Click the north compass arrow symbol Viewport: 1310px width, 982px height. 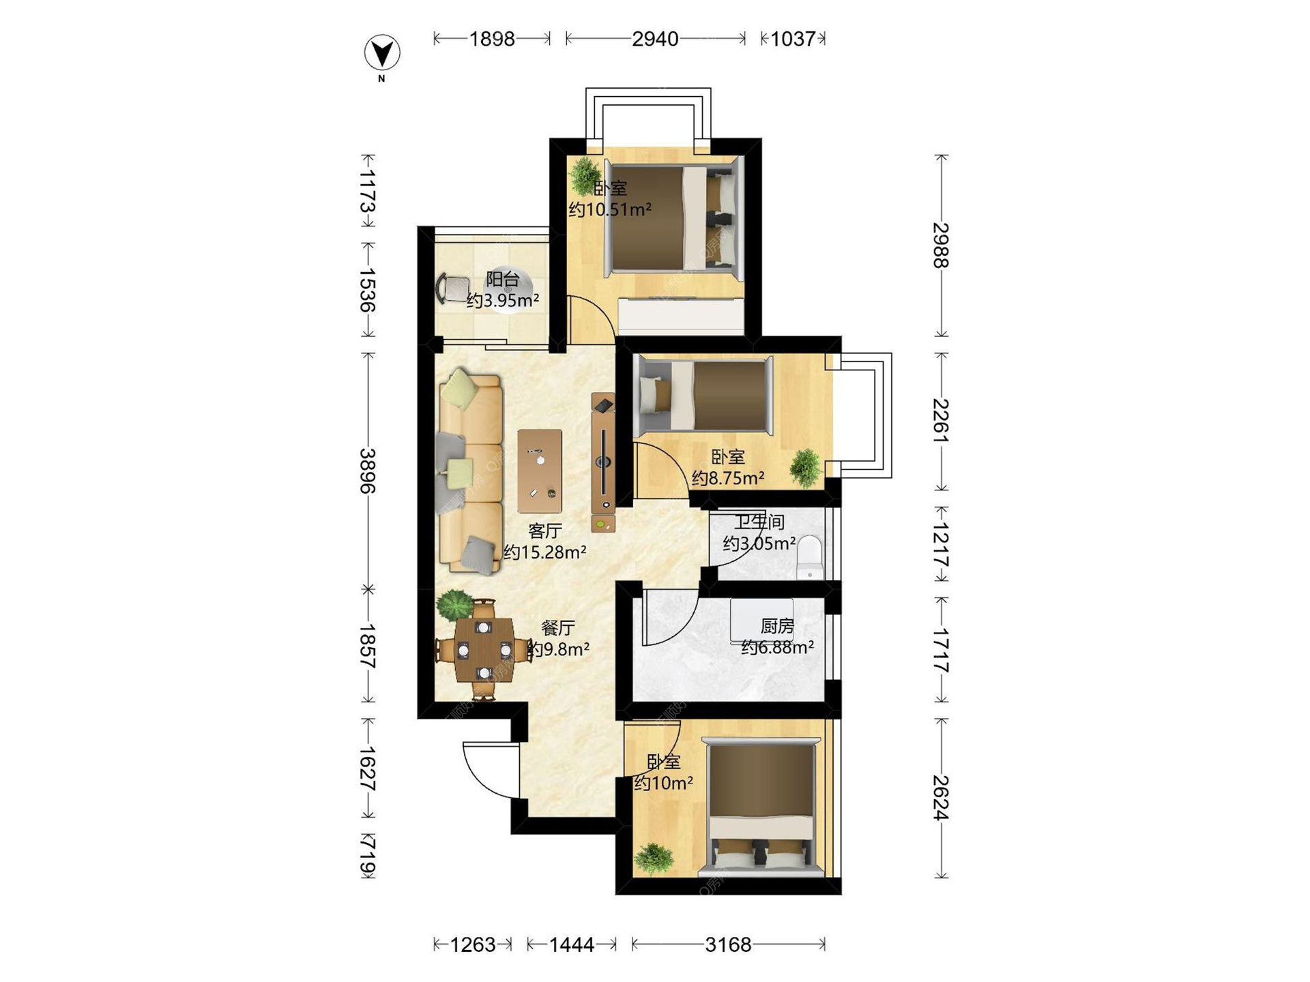pos(382,53)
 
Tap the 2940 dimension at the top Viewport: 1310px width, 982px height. pos(655,39)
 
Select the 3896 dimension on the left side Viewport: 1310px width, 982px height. pos(368,471)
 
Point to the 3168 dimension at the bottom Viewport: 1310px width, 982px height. pos(728,944)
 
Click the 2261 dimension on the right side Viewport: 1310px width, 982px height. pos(942,421)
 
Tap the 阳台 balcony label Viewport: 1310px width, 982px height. pos(503,279)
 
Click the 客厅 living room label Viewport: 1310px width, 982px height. pos(545,531)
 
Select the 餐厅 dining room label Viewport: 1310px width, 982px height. pos(558,627)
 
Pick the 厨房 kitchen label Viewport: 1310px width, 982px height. pos(777,625)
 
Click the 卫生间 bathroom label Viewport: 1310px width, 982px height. pos(759,522)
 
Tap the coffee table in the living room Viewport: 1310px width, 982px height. pos(540,471)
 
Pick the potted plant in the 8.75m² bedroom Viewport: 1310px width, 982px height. pos(806,467)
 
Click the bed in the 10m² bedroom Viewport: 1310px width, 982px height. pos(761,808)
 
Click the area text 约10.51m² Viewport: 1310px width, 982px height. pos(610,209)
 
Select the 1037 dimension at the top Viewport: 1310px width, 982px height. pos(793,39)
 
